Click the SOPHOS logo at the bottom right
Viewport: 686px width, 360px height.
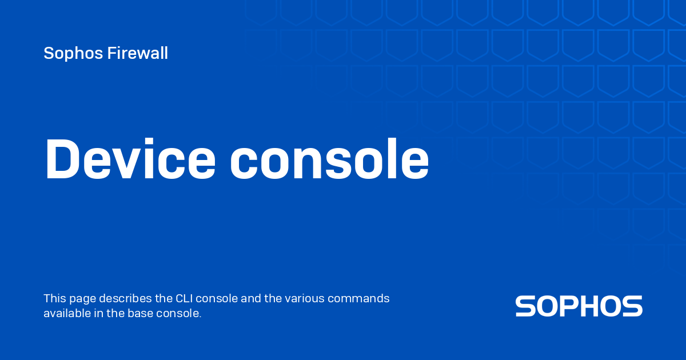pos(579,306)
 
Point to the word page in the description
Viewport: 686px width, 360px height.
pos(82,299)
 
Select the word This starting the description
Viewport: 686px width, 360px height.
pos(54,298)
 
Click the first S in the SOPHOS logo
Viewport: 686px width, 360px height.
pos(525,306)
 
